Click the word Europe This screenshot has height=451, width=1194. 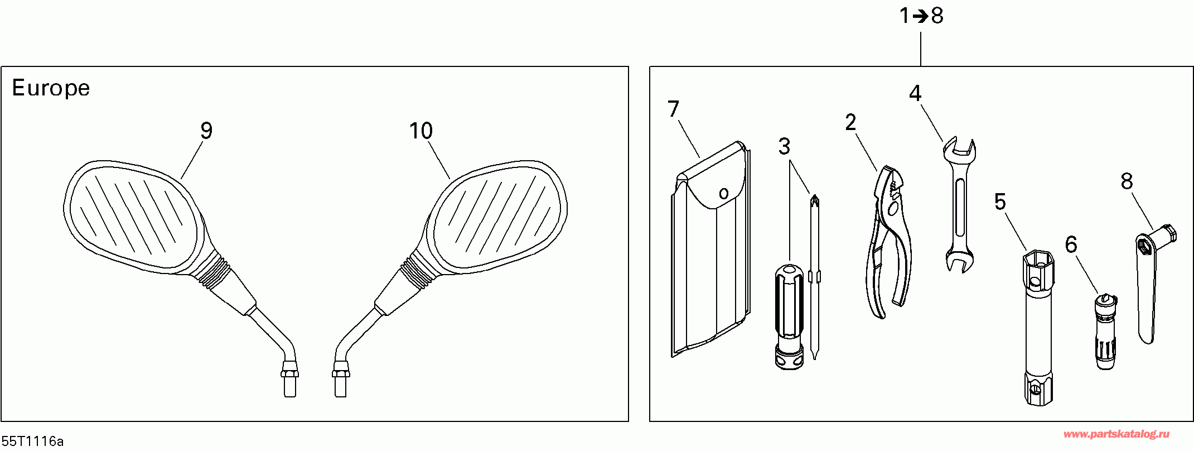pyautogui.click(x=51, y=88)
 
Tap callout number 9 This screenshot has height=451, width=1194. pyautogui.click(x=206, y=131)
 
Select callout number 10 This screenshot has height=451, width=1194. pyautogui.click(x=420, y=131)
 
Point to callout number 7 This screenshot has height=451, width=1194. pyautogui.click(x=673, y=109)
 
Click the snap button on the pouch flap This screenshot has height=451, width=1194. pyautogui.click(x=723, y=194)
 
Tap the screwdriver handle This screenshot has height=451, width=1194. pyautogui.click(x=789, y=313)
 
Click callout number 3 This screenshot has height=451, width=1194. pyautogui.click(x=784, y=147)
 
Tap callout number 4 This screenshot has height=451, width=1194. pyautogui.click(x=915, y=93)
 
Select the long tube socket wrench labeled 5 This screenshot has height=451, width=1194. pyautogui.click(x=1038, y=329)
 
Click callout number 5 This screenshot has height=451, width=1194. pyautogui.click(x=1000, y=201)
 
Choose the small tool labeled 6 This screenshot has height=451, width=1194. pyautogui.click(x=1105, y=332)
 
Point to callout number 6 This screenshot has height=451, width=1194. pyautogui.click(x=1071, y=244)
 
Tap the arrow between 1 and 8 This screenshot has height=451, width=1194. pyautogui.click(x=920, y=16)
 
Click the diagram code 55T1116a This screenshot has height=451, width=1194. pyautogui.click(x=32, y=442)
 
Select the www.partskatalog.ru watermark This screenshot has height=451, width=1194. pyautogui.click(x=1116, y=434)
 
